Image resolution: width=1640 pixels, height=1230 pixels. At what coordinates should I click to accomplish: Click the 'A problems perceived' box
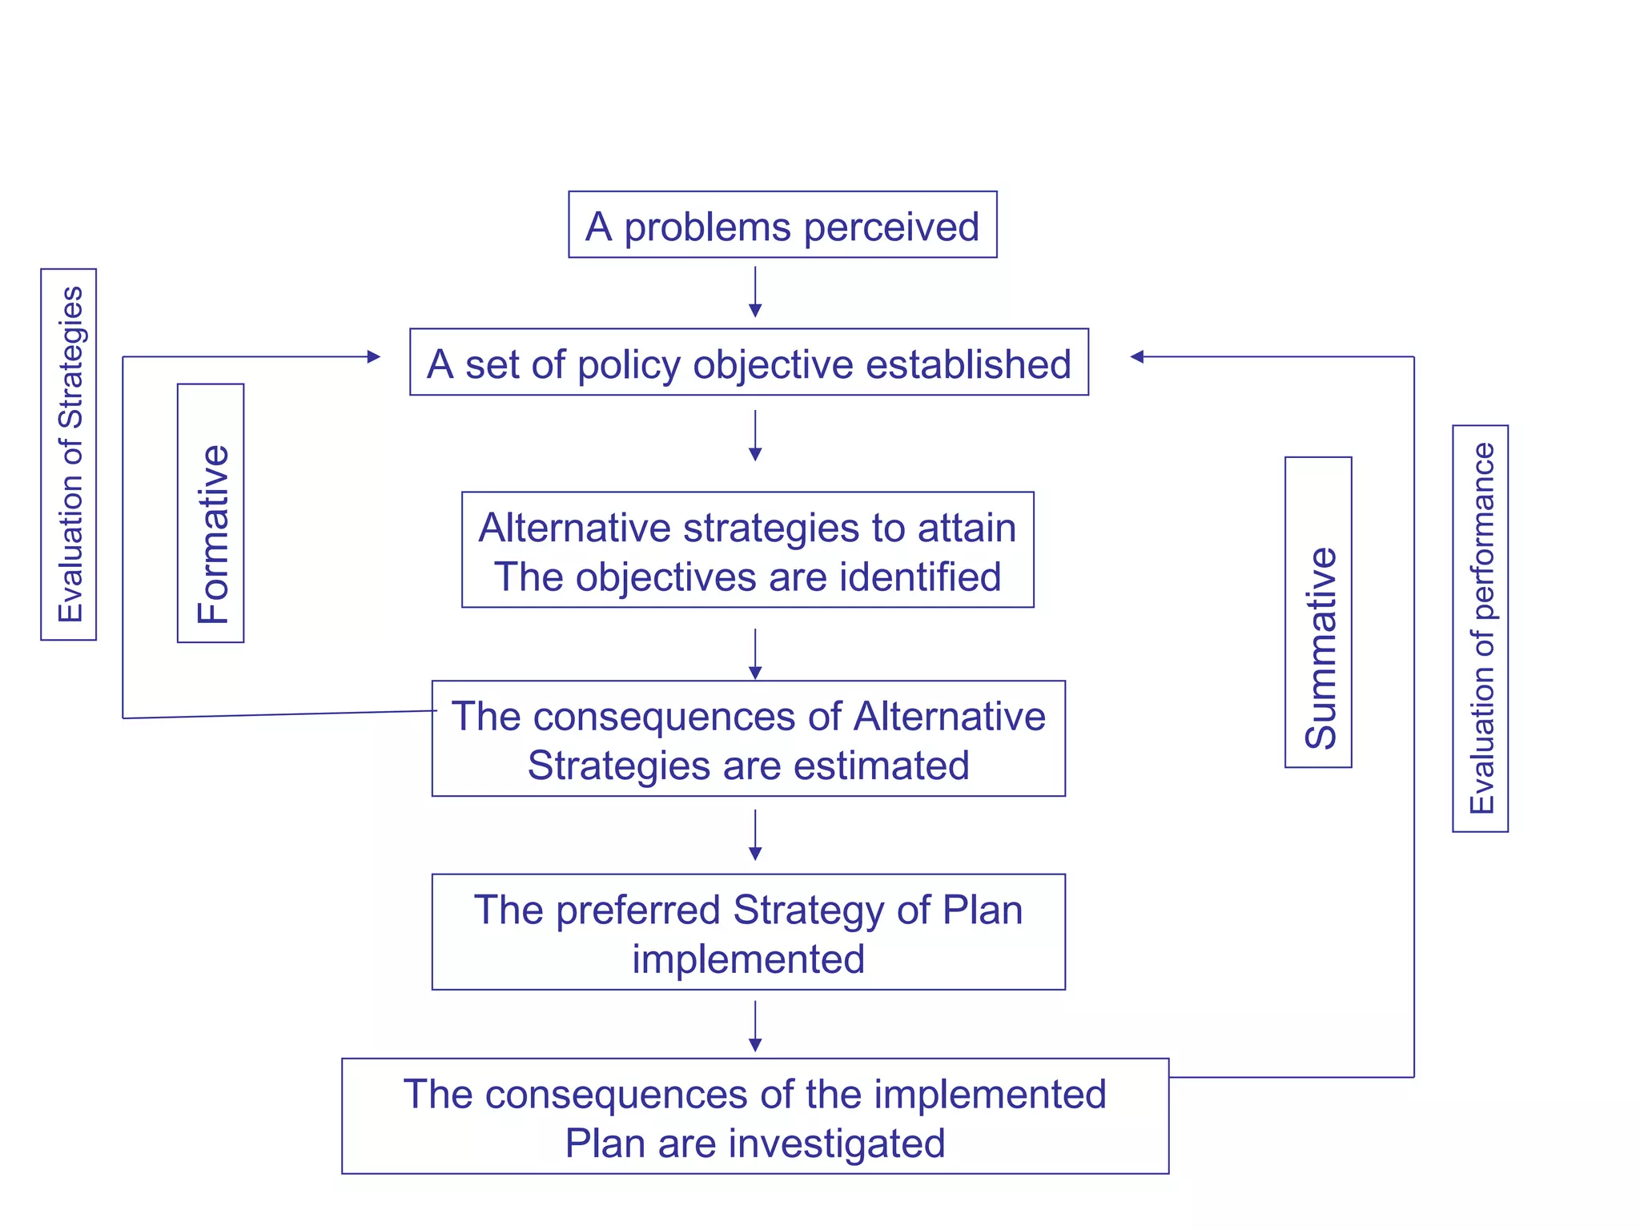tap(782, 225)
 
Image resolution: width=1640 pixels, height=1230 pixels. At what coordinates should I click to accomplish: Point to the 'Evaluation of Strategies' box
tap(69, 454)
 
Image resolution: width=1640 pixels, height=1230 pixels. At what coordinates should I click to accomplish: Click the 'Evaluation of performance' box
tap(1480, 628)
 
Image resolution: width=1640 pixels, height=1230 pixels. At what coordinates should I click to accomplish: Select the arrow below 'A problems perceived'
tap(755, 292)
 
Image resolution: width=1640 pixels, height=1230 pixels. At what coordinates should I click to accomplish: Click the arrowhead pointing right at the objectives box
tap(373, 356)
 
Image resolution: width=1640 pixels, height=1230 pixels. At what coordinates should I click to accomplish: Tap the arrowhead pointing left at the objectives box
tap(1137, 356)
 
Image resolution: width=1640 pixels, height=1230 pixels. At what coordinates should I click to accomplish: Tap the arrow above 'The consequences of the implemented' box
tap(755, 1027)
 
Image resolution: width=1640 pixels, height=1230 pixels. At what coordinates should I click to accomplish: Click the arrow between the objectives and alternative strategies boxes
tap(755, 436)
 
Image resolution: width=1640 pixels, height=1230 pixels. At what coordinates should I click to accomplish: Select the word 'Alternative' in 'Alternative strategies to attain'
tap(575, 529)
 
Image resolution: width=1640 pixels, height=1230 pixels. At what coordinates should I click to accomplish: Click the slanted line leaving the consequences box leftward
tap(280, 714)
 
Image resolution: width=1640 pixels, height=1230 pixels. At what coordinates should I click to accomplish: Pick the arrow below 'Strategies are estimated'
tap(755, 835)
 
